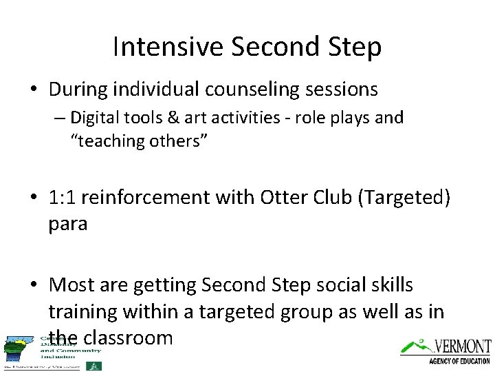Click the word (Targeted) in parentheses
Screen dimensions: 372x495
click(x=408, y=198)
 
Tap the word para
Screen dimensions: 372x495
click(x=67, y=225)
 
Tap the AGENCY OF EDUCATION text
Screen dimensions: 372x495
click(x=459, y=360)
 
